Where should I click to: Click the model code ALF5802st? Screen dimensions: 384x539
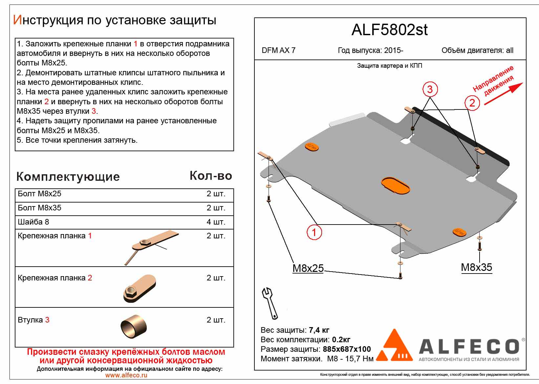coord(390,30)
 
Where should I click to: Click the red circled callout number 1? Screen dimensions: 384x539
coord(314,232)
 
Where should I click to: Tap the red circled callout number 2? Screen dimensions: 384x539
coord(472,103)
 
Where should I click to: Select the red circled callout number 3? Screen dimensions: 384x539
coord(430,89)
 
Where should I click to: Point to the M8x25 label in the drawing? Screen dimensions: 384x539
coord(308,268)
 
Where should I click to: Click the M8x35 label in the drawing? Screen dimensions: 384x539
coord(476,267)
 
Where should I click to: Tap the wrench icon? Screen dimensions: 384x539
coord(270,303)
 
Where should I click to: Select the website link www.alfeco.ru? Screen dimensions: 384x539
coord(126,375)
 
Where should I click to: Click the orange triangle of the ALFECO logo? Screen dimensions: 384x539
coord(395,345)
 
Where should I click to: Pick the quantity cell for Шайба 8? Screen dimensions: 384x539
coord(216,222)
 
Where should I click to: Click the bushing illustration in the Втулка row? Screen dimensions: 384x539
coord(134,327)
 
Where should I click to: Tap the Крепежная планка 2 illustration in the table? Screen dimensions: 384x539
coord(140,288)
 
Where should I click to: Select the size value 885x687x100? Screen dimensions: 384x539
coord(347,349)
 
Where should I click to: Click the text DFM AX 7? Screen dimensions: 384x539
coord(278,50)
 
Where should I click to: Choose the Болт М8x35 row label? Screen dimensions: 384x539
coord(39,208)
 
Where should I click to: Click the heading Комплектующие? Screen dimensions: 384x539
coord(68,177)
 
